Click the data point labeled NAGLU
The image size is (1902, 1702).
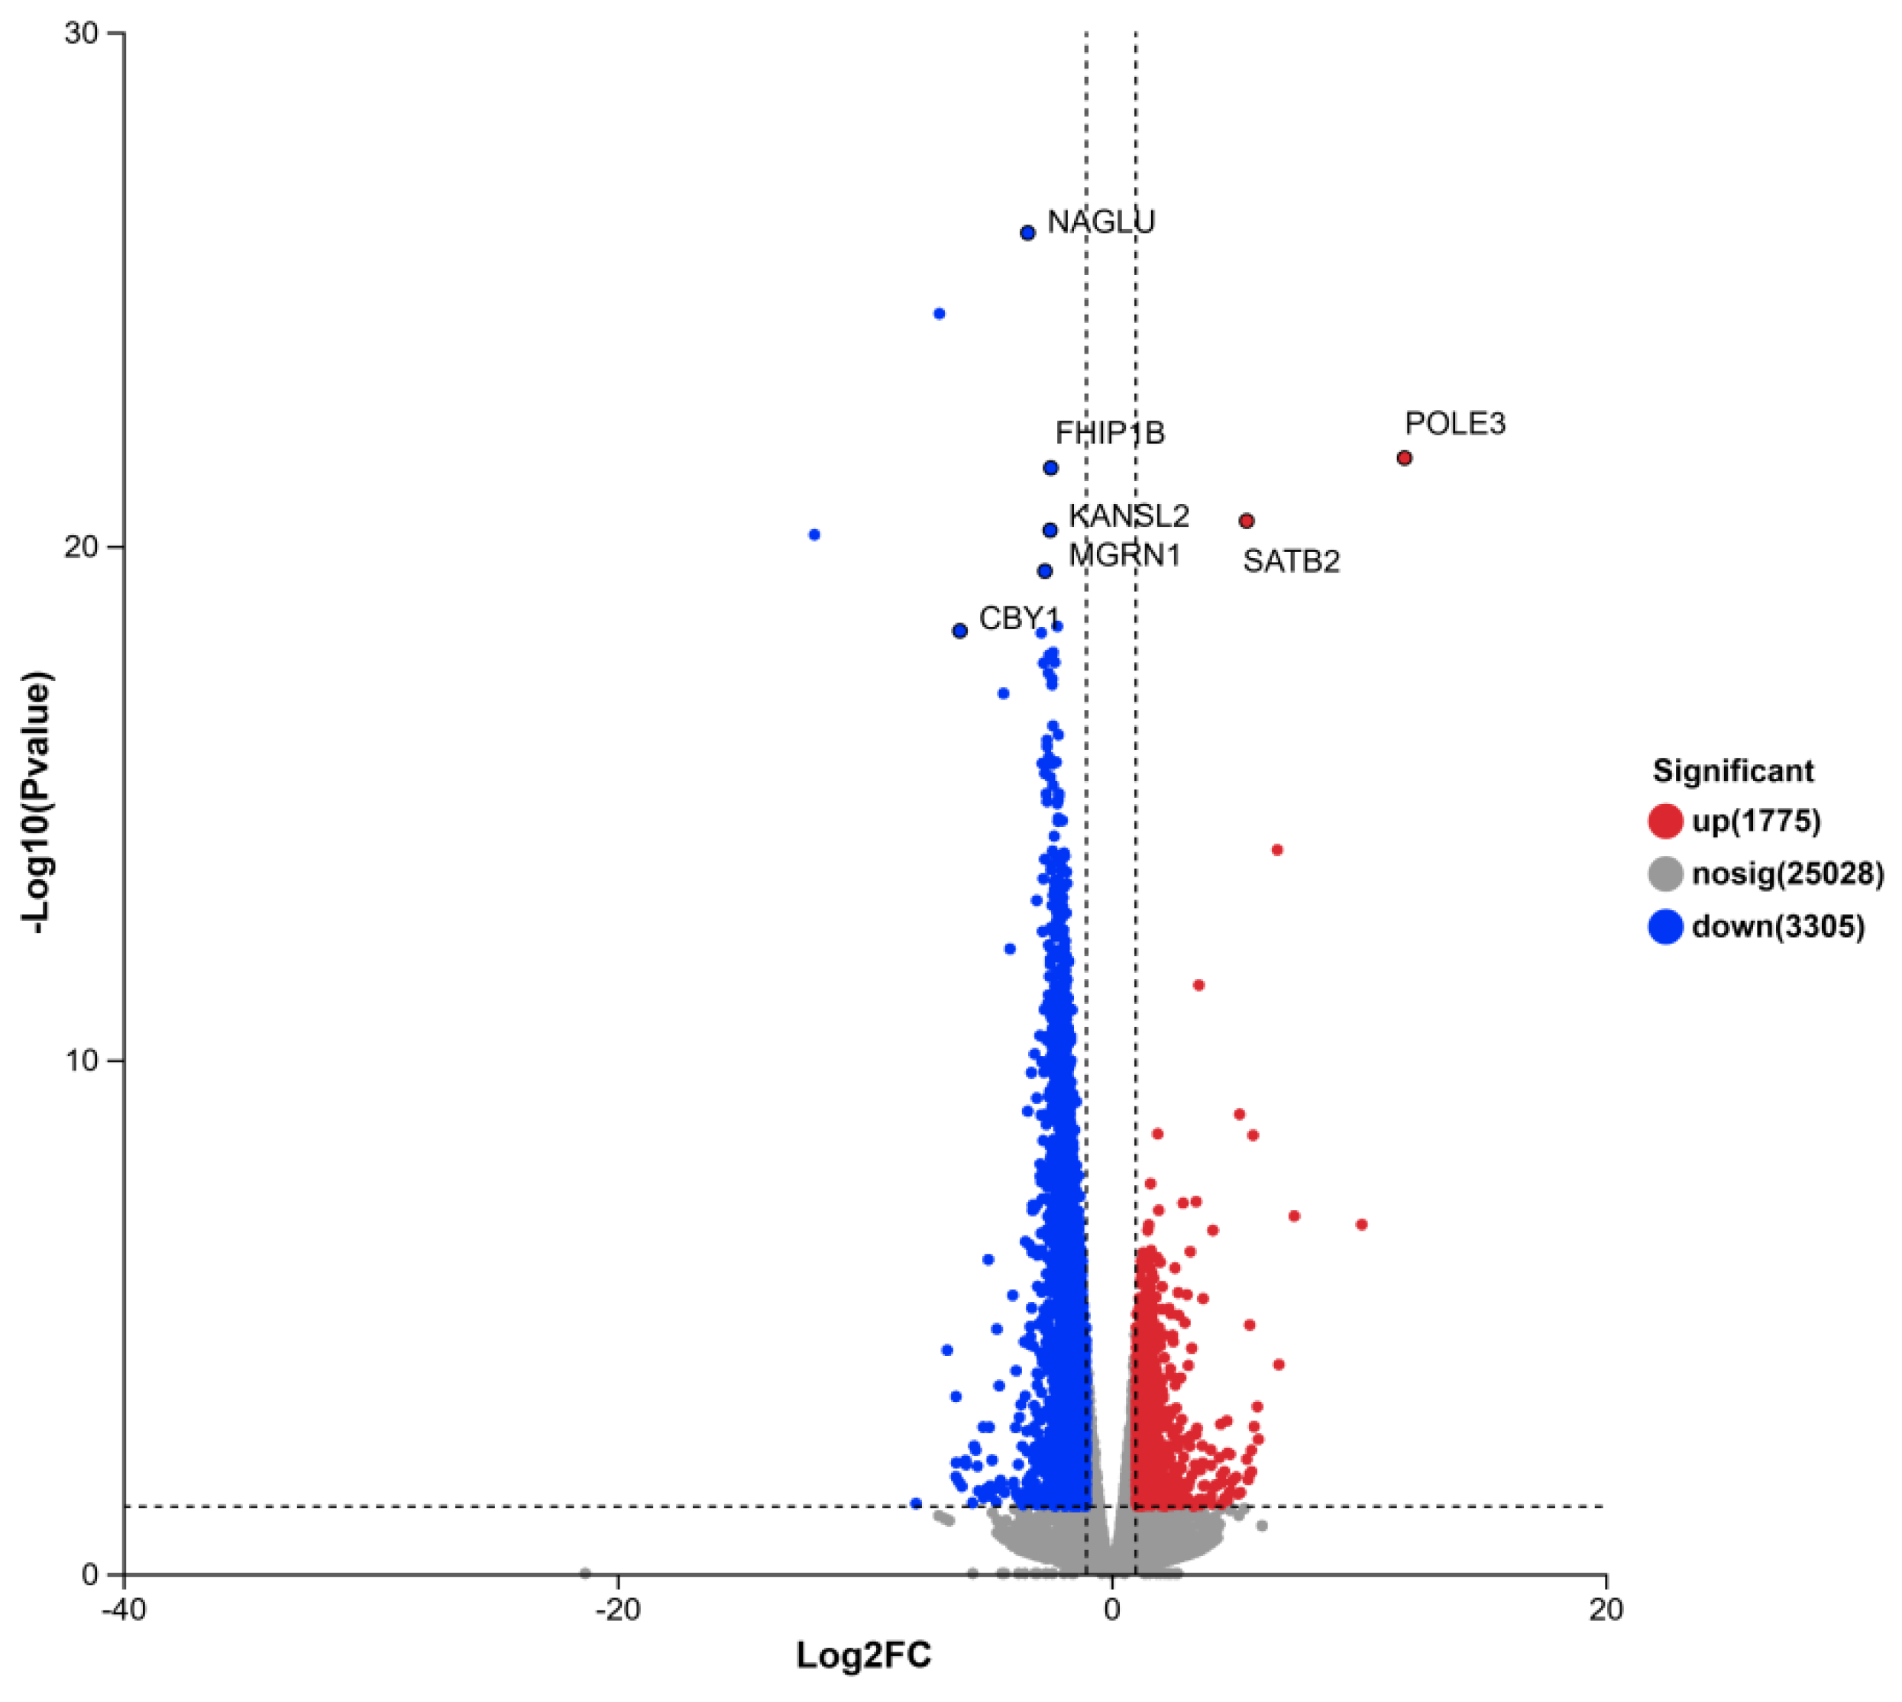1027,233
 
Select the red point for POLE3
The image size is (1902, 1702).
1404,458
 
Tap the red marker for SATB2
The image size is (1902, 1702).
1246,521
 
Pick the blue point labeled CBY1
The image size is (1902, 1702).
959,631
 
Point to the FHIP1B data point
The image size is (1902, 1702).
1050,467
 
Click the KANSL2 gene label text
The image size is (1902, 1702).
1128,515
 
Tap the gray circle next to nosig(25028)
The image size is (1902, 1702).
1665,874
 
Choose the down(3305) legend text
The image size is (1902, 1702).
1777,927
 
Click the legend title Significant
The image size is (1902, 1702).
1732,770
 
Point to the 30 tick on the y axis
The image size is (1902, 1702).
82,34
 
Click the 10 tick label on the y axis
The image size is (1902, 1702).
82,1061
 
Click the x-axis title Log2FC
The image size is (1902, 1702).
863,1655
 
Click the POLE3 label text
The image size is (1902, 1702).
1455,424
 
